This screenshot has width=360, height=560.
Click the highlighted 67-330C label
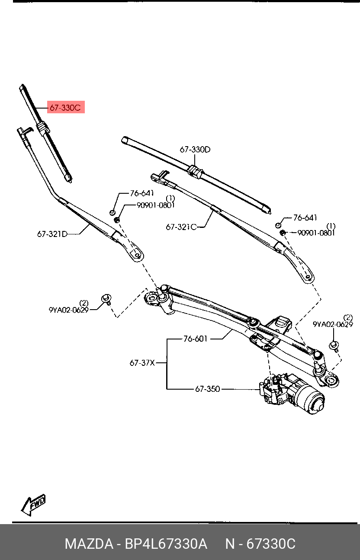pos(65,108)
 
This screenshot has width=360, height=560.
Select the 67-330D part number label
pos(195,150)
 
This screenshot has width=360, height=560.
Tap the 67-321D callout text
pos(52,234)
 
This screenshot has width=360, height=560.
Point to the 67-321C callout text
pos(181,227)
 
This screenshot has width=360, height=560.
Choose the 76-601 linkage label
pos(196,339)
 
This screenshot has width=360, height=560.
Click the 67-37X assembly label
pos(142,363)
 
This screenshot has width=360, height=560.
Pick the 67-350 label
pos(207,389)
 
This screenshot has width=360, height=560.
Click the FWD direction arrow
pos(34,505)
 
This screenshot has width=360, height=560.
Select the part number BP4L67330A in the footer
pos(166,544)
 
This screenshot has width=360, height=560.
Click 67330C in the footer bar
pos(271,544)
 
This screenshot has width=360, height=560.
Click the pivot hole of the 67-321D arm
pos(138,255)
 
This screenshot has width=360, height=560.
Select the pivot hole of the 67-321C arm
pos(308,276)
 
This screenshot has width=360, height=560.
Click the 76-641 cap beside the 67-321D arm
pos(112,212)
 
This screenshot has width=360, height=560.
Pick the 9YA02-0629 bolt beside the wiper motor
pos(334,345)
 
